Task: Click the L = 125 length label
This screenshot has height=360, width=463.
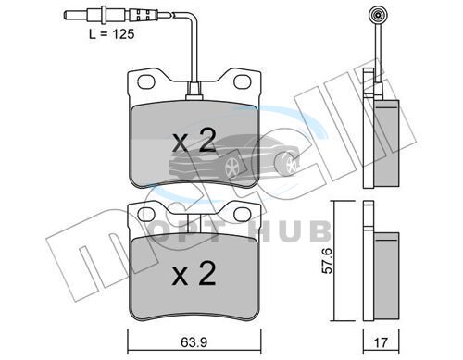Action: [x=112, y=34]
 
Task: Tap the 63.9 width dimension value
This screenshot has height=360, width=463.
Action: [x=194, y=342]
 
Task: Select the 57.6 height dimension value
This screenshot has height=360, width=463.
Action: [x=327, y=260]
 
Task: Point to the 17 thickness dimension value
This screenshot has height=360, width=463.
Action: [x=381, y=342]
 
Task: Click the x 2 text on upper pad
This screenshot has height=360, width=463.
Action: [x=194, y=141]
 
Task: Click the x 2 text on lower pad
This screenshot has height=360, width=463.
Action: [x=194, y=274]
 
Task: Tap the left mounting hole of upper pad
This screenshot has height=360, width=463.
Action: [x=146, y=81]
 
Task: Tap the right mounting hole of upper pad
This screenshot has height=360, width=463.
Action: [x=242, y=81]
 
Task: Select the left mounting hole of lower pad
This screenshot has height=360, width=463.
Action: [x=146, y=214]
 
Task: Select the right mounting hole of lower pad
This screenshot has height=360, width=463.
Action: [x=242, y=214]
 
